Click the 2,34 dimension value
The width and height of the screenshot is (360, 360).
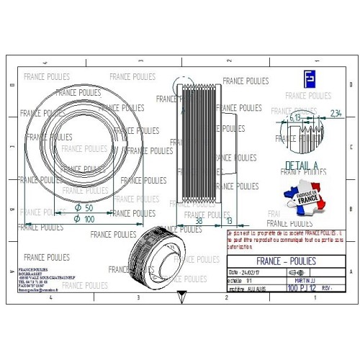pos(335,112)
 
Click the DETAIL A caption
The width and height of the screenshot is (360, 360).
pos(301,166)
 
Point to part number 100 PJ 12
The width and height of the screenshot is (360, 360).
pos(302,287)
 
